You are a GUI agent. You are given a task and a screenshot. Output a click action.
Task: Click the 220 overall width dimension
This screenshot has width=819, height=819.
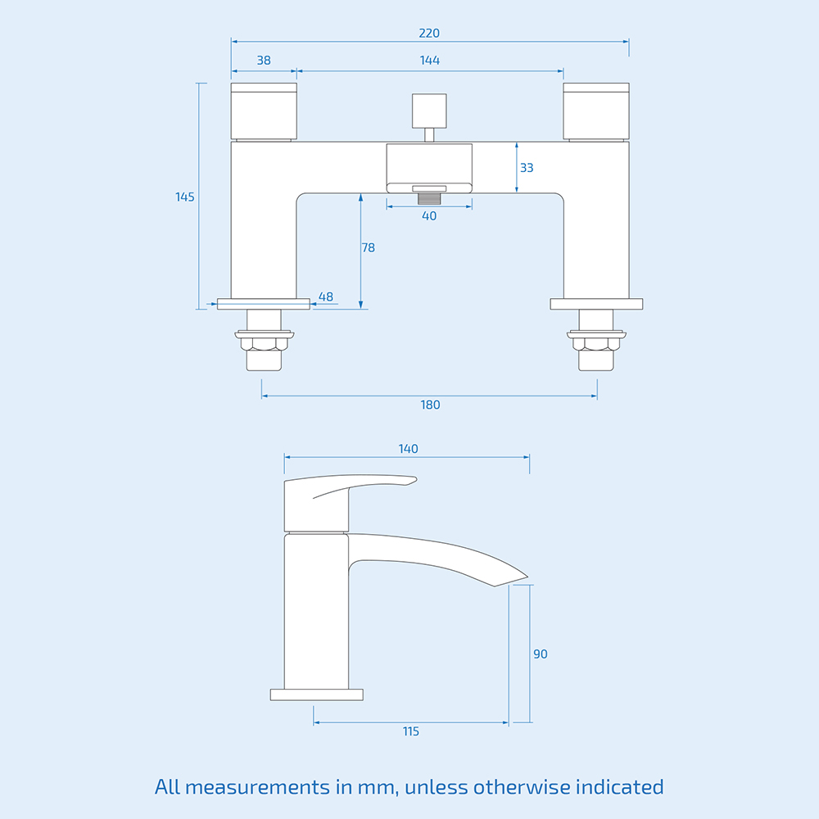[429, 34]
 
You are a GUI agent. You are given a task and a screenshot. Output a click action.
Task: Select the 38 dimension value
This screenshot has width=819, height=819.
[263, 61]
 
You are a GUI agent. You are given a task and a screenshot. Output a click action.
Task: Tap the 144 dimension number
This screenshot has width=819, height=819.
[429, 61]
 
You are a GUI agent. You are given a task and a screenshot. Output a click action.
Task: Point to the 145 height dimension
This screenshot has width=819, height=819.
[185, 197]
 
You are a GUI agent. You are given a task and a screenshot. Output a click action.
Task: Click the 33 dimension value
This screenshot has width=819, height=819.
[527, 168]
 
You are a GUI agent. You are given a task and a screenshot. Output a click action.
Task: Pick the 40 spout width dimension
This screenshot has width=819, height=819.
[429, 216]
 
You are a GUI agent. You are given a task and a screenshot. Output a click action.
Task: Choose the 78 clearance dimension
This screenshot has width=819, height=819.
[369, 247]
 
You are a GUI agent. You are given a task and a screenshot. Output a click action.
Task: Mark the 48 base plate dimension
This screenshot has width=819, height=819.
[326, 296]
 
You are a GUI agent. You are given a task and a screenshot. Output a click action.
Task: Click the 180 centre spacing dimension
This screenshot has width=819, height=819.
[429, 405]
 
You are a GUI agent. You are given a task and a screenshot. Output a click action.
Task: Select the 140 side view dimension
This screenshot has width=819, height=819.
[408, 449]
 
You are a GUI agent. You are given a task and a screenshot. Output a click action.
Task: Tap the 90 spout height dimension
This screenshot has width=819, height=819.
[541, 654]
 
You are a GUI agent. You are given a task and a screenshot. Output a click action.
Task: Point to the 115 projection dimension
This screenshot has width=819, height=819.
[411, 731]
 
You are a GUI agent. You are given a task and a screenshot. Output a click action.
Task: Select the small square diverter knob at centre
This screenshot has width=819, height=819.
[429, 110]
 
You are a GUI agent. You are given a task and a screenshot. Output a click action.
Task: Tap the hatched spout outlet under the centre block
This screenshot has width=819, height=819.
[429, 197]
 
